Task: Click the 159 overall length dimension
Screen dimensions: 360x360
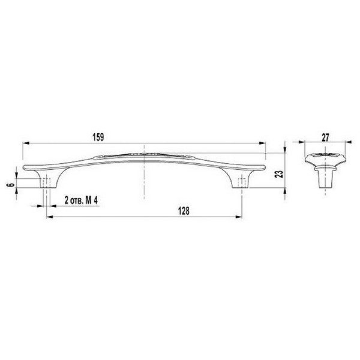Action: point(98,137)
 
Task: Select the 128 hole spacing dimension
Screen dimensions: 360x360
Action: point(184,211)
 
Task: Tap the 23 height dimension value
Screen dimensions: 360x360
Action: point(279,174)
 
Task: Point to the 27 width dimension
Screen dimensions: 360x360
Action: point(325,138)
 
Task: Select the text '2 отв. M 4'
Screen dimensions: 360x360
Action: point(81,200)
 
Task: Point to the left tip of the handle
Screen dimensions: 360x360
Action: point(23,167)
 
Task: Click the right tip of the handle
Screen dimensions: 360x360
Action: point(265,167)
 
